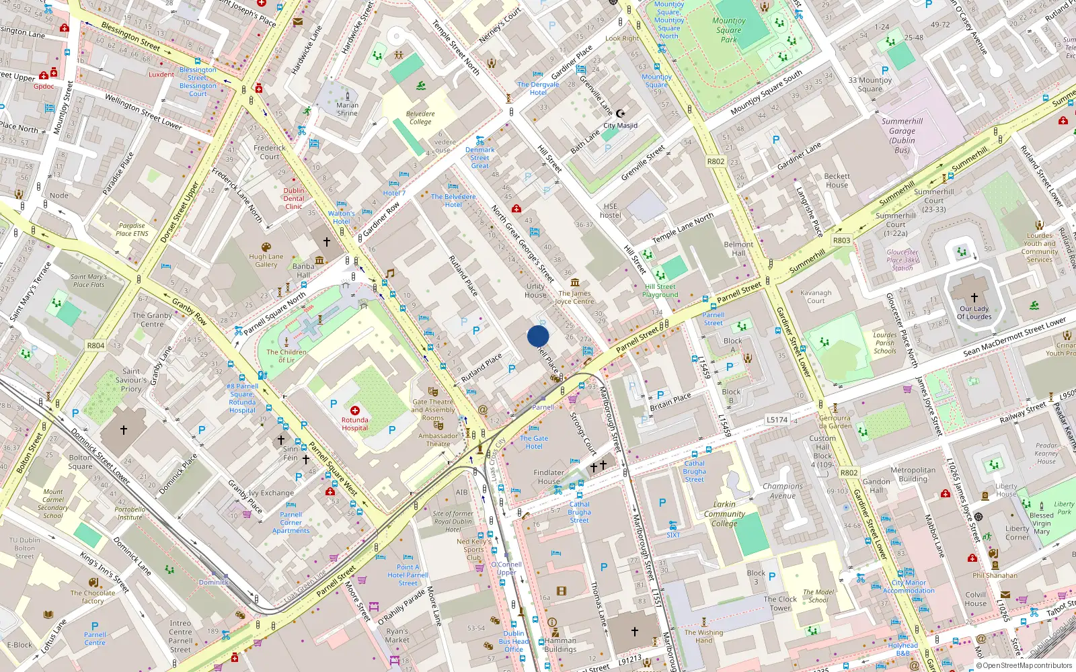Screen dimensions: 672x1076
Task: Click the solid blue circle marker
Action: (538, 336)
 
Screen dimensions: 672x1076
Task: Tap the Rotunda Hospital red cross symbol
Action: (355, 410)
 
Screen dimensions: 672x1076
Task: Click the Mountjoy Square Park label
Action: (729, 30)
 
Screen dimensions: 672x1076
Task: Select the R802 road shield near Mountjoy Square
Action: (716, 161)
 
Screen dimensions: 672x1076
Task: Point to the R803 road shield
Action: (841, 240)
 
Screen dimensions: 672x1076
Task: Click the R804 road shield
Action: (95, 345)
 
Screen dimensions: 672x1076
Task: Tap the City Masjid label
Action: (620, 125)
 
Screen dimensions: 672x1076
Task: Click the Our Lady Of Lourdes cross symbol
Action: (974, 297)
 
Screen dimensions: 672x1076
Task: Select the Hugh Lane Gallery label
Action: (266, 260)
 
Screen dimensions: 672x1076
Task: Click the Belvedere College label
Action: (420, 118)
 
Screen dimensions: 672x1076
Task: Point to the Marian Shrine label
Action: (347, 109)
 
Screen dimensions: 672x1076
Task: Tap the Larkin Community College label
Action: (724, 513)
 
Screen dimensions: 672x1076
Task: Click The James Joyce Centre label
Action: (574, 297)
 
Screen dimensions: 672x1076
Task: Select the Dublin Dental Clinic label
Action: (294, 198)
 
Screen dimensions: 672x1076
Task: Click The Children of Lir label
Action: (286, 355)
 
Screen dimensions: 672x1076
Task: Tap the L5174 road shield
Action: (777, 419)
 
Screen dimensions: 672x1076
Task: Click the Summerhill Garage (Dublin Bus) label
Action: (902, 135)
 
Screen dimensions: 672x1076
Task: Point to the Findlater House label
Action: (549, 476)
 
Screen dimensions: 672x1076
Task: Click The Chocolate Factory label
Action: (93, 597)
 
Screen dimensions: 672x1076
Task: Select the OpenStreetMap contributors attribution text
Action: (1024, 665)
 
